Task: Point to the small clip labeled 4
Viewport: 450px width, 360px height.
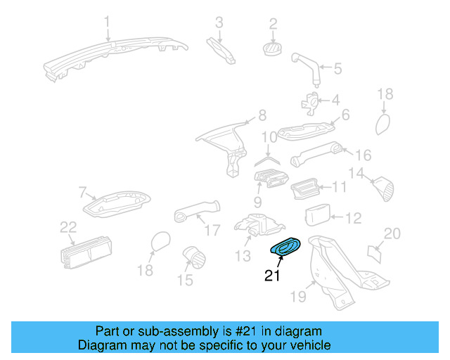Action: pos(310,101)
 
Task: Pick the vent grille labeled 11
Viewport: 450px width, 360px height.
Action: pos(307,188)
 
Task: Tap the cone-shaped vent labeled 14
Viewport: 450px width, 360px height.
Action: pos(384,188)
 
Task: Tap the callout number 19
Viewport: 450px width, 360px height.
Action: pos(299,297)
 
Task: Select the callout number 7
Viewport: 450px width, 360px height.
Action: pos(82,191)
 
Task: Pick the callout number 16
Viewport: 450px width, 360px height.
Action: pos(363,155)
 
